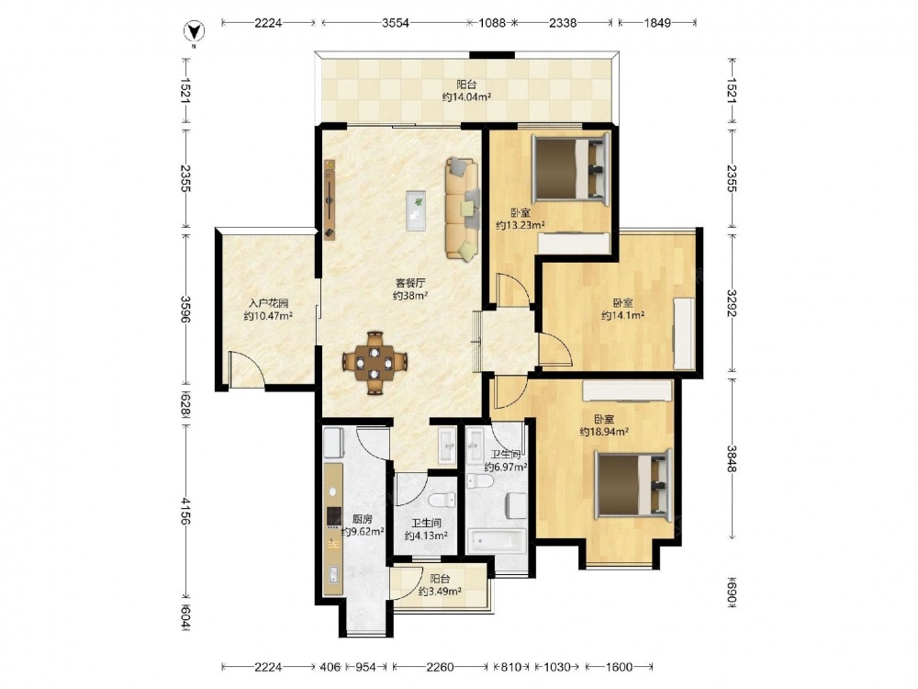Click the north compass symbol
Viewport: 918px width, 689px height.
[194, 31]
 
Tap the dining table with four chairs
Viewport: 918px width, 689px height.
[375, 363]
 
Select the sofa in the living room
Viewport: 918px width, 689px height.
[463, 208]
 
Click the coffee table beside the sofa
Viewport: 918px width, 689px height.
[417, 210]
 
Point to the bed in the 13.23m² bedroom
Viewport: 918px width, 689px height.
[571, 169]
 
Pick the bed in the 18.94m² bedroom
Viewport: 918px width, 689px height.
[633, 484]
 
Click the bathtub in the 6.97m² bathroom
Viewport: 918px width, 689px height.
[497, 540]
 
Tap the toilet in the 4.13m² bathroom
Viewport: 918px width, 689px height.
[442, 501]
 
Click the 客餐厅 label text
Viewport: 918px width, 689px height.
[409, 283]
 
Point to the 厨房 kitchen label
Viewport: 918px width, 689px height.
[362, 519]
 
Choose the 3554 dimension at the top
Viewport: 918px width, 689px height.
[395, 23]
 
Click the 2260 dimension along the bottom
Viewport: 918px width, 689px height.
[440, 667]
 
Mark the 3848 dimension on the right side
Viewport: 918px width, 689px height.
[732, 458]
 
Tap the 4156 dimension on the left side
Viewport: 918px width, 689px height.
[185, 512]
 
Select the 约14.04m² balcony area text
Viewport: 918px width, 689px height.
[466, 97]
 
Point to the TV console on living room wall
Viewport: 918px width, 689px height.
[330, 199]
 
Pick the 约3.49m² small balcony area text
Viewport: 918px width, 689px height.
[440, 591]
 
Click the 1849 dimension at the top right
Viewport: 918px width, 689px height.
[657, 23]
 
